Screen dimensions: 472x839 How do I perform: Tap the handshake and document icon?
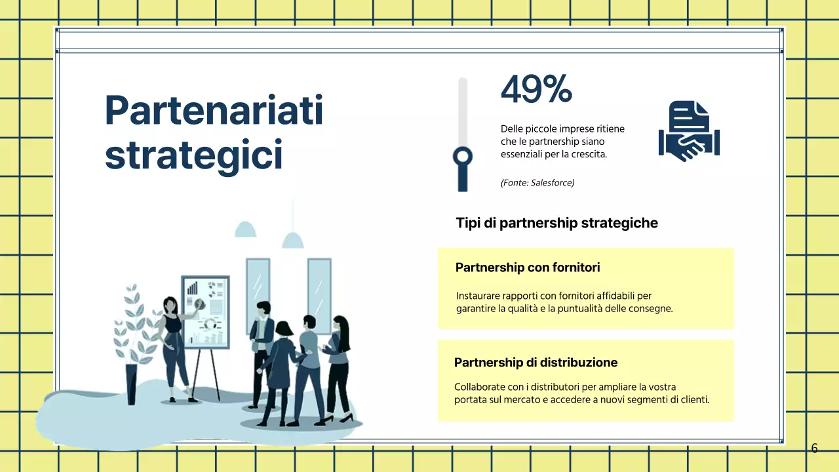click(688, 132)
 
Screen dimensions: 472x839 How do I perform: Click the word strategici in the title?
click(193, 155)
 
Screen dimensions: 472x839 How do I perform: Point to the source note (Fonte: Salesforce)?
click(537, 183)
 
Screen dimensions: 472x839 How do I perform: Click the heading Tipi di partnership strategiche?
click(556, 223)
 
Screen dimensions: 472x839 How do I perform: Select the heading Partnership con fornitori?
click(528, 267)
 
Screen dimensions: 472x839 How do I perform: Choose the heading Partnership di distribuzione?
click(536, 363)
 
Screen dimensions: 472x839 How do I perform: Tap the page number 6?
click(814, 448)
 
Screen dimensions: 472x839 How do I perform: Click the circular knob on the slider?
click(463, 156)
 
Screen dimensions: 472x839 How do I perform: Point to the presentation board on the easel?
click(206, 312)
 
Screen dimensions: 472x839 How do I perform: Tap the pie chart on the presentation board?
click(199, 304)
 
